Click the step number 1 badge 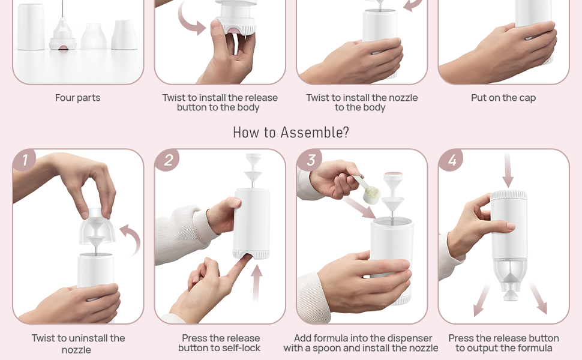(x=25, y=160)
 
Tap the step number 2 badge (x=167, y=160)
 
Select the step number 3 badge (x=310, y=160)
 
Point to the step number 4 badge (x=452, y=160)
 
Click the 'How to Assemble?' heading (x=290, y=133)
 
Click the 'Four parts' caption (x=77, y=98)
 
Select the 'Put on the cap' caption (x=503, y=98)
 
